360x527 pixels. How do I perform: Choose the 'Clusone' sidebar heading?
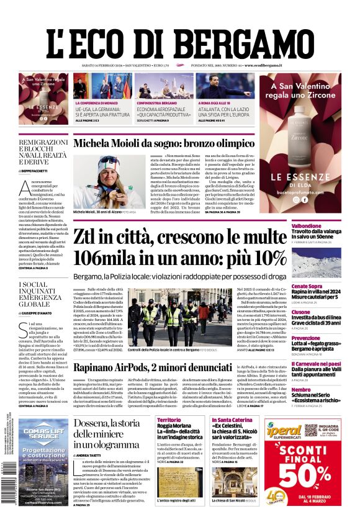click(301, 312)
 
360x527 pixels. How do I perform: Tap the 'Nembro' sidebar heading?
click(300, 389)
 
